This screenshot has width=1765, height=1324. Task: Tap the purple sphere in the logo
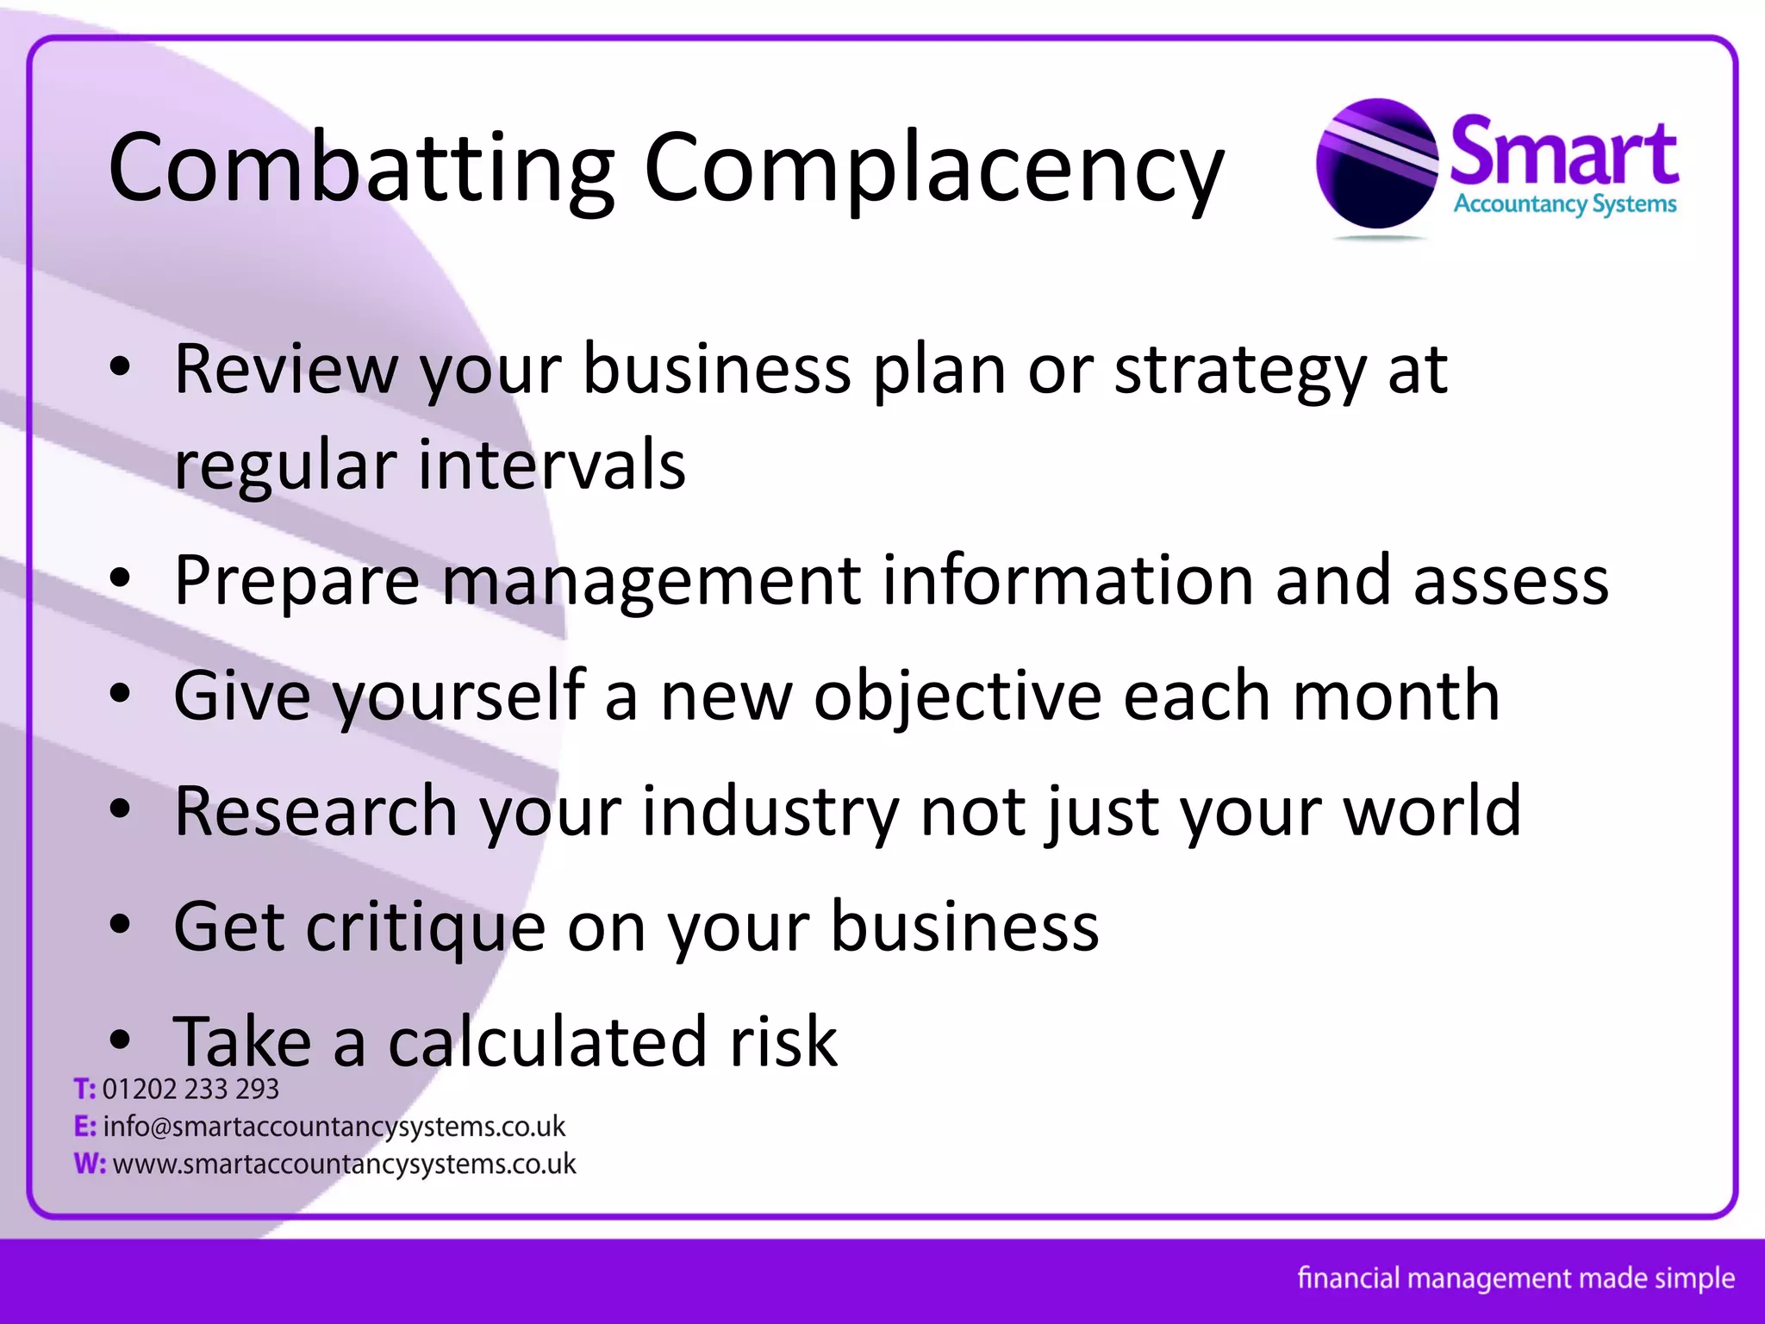pos(1376,164)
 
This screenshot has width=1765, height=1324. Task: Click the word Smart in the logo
pos(1564,153)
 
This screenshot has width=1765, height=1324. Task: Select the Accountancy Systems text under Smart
pos(1565,204)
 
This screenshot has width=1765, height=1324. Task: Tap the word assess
pos(1510,581)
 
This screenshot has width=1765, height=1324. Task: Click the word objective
pos(957,696)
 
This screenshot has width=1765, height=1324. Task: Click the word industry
pos(770,812)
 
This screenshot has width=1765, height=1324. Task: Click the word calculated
pos(548,1041)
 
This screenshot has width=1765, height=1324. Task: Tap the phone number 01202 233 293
pos(190,1090)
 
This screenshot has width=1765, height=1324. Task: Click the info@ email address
pos(334,1127)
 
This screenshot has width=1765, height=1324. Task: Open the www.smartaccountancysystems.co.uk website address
pos(344,1164)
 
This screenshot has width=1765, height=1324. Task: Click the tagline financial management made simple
pos(1516,1277)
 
